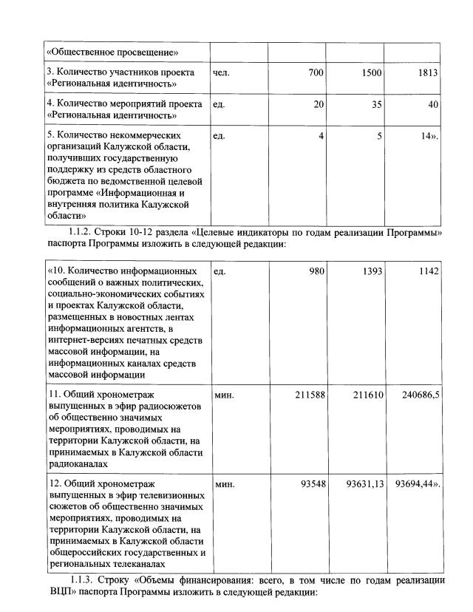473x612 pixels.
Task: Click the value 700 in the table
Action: pos(315,72)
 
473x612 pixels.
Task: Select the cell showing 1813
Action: pos(427,72)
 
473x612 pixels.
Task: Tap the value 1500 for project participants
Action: pos(371,72)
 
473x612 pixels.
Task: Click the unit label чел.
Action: pos(221,72)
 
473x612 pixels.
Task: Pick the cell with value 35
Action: pos(376,105)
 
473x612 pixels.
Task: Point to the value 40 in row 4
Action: pos(433,105)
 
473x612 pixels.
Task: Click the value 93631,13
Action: pos(363,485)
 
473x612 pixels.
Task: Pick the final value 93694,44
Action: pos(418,485)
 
